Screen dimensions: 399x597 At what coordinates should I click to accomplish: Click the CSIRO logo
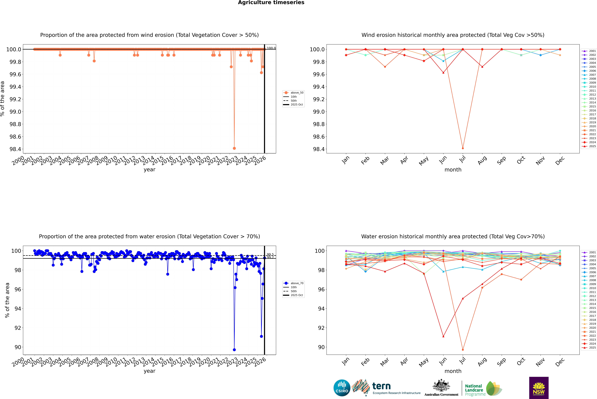point(342,388)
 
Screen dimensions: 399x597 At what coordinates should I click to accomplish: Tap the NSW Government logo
point(539,388)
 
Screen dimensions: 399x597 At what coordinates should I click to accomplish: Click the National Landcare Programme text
point(474,390)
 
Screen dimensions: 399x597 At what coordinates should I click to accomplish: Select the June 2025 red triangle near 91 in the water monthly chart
point(443,336)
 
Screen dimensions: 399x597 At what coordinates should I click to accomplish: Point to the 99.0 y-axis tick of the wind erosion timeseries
point(15,112)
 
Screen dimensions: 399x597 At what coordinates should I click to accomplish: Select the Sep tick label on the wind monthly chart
point(501,161)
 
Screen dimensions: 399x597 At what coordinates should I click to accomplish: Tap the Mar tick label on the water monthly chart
point(384,362)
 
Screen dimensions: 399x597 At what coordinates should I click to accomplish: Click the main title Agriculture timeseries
point(271,3)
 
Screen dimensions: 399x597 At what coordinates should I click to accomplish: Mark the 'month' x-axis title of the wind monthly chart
point(453,170)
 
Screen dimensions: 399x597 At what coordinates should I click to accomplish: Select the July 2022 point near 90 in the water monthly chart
point(463,350)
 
